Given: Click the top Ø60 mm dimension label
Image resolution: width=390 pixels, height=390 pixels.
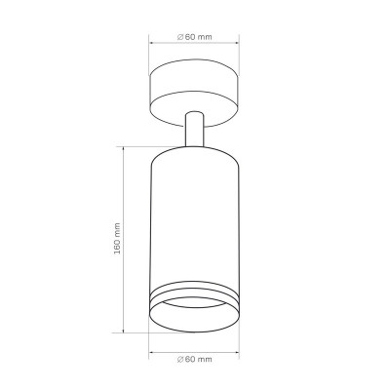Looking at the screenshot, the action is pos(195,37).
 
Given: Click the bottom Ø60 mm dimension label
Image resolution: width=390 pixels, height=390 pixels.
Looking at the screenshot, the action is pos(195,359).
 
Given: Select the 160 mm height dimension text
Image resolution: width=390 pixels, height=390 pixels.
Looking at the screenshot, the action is pos(117,239).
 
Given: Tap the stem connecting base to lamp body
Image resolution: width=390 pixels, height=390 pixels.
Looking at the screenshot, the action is pos(194,129).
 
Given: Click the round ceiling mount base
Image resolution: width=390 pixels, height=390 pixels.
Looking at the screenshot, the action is pos(194,93).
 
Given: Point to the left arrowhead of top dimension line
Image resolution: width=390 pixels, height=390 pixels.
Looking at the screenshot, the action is pos(151,43).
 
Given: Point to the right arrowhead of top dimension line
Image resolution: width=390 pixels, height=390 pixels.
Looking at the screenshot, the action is pos(237,43).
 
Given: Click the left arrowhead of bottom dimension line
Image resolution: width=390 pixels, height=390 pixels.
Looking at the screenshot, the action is pos(151,352).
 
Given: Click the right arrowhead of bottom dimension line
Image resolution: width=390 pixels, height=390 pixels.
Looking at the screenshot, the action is pos(237,352).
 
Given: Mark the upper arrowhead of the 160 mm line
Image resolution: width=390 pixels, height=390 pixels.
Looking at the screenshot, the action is pos(124,149).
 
